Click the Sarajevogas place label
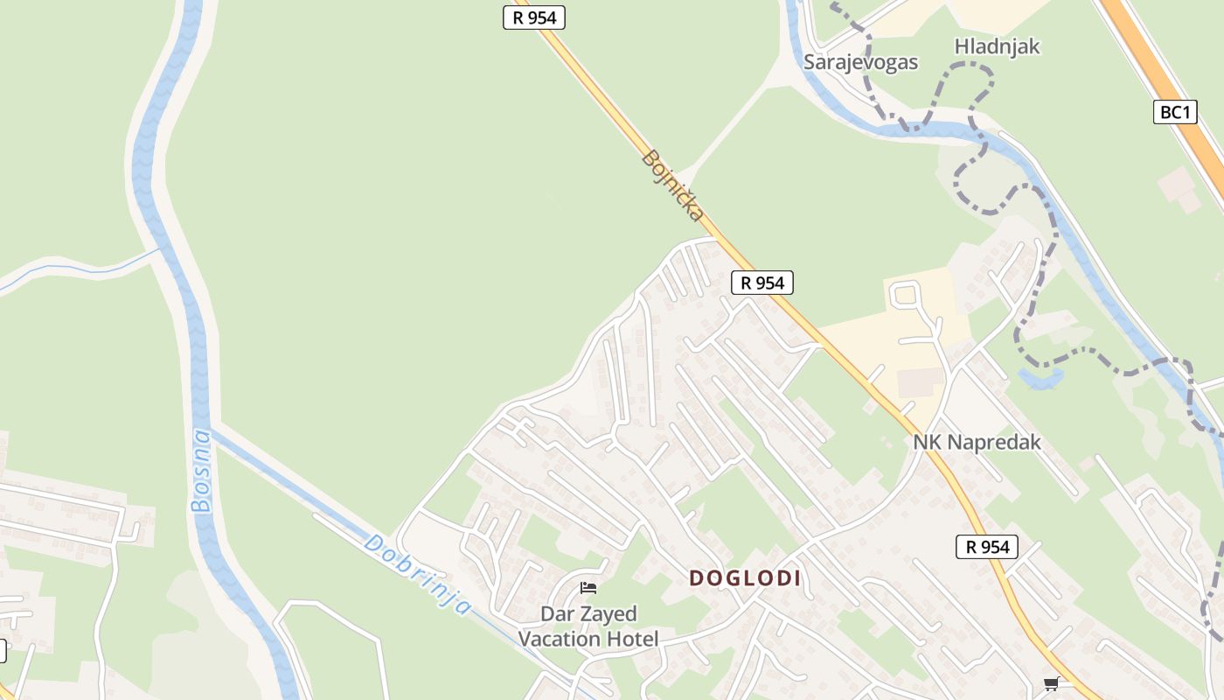click(x=860, y=62)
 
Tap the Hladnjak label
click(x=997, y=46)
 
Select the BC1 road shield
click(x=1174, y=112)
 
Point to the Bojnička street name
click(x=673, y=185)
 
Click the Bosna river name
click(x=202, y=470)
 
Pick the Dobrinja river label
click(x=418, y=574)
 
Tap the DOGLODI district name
click(x=745, y=577)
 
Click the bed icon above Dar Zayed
click(x=588, y=588)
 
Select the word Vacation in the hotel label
click(x=560, y=639)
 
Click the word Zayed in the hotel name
click(x=606, y=613)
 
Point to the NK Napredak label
click(x=977, y=442)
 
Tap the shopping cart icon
click(x=1051, y=683)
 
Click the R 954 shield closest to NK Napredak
click(x=987, y=547)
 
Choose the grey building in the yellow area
click(x=920, y=381)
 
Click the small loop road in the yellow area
click(x=905, y=295)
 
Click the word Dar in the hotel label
click(x=558, y=613)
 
